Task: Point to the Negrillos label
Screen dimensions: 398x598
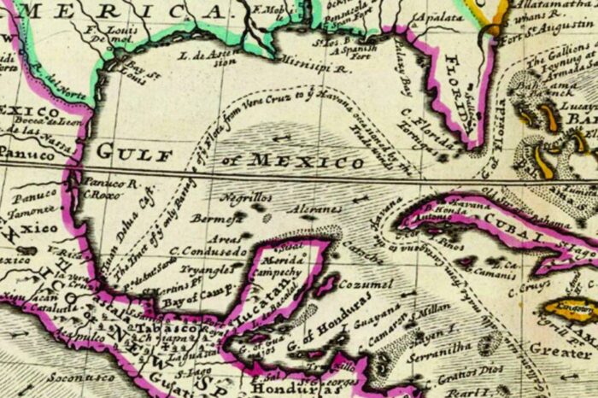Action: pos(245,197)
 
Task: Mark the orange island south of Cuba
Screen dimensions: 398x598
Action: pos(570,308)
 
